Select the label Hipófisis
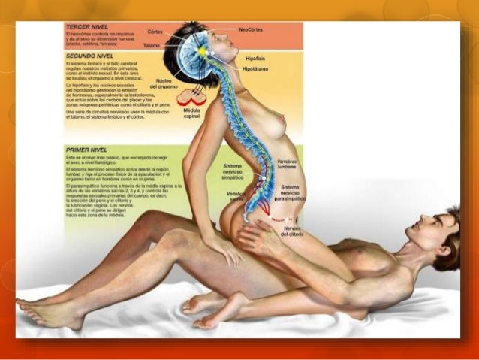[257, 57]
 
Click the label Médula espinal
[192, 113]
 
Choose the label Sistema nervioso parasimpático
[289, 193]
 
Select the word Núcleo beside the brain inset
[164, 78]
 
